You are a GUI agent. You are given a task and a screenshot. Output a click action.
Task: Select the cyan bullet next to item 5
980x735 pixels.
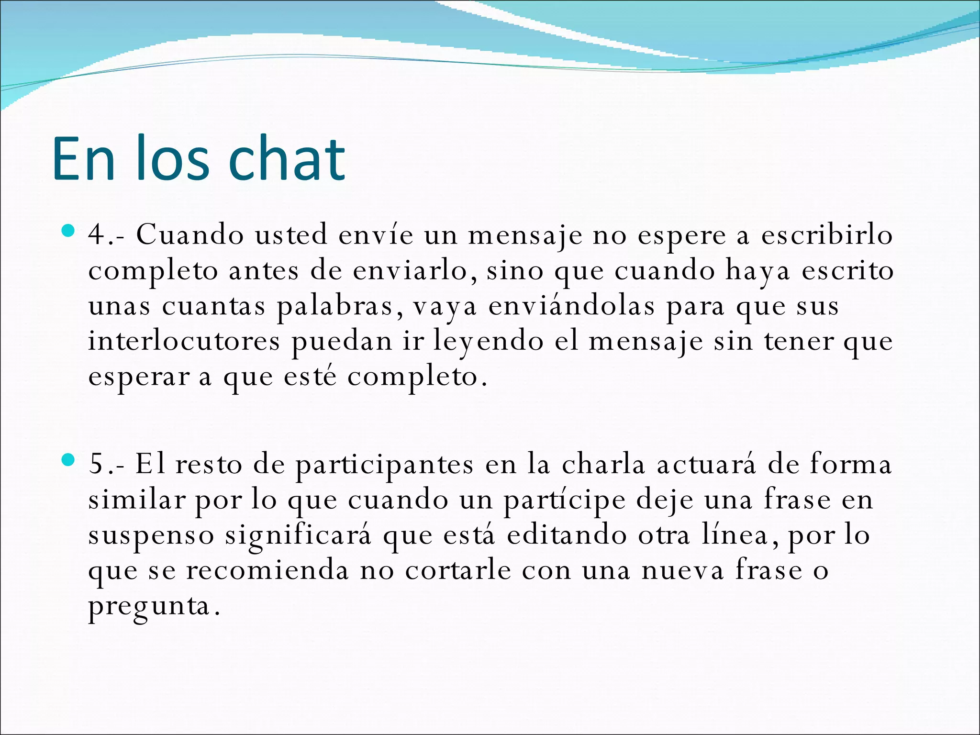pos(69,460)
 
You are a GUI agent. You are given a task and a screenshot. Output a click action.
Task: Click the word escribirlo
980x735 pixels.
pos(827,235)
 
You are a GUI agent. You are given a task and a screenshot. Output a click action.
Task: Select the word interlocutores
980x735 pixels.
pos(184,342)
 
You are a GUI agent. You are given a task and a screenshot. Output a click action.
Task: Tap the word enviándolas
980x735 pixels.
pos(571,306)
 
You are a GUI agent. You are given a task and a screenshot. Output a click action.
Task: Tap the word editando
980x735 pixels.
pos(567,535)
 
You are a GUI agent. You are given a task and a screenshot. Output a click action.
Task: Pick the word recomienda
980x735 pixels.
pos(267,570)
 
